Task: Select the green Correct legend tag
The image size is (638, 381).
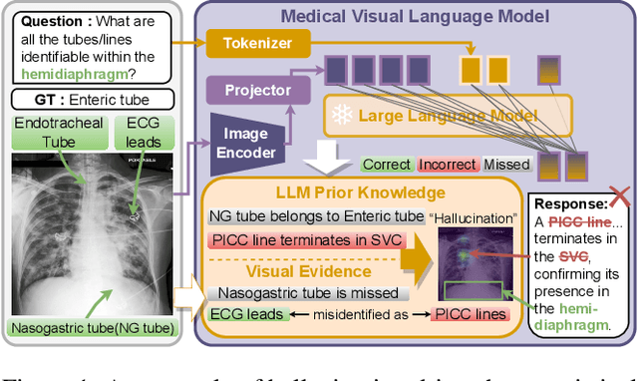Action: click(386, 164)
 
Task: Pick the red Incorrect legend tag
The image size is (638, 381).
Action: click(448, 164)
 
